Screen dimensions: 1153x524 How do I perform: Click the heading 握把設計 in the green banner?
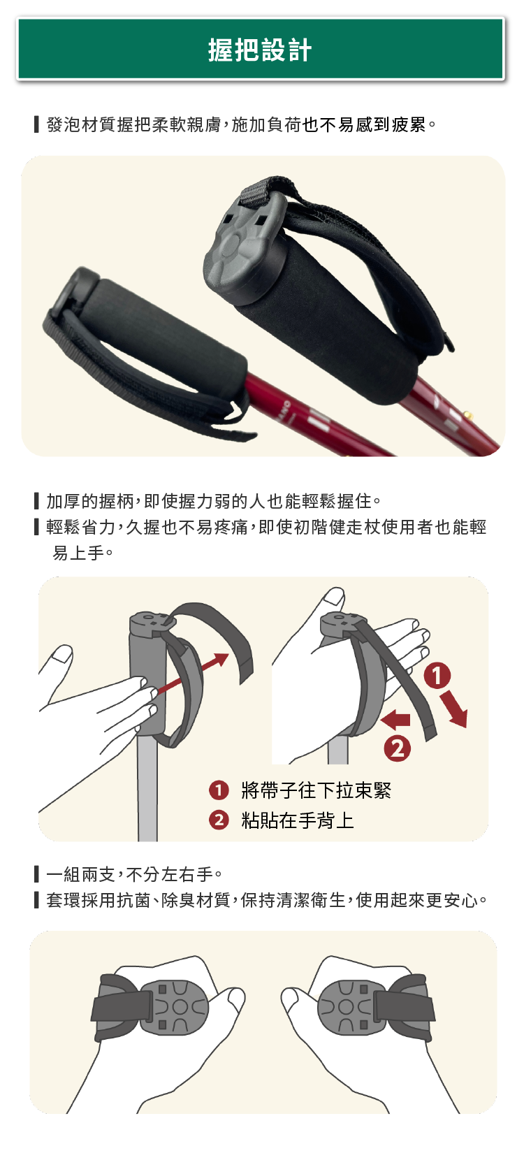260,50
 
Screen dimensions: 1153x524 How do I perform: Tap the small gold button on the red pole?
470,415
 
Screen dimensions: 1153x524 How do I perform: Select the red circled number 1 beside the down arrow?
437,676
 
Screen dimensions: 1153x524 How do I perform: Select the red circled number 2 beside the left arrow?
398,748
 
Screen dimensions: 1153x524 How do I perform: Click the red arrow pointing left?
397,719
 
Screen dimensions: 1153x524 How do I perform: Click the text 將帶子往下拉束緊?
316,790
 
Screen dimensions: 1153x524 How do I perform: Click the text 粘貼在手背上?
298,820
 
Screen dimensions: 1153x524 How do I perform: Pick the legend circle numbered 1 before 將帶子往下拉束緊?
219,790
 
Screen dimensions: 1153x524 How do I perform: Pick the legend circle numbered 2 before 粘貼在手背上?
219,820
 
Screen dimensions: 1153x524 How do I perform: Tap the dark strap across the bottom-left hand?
122,1006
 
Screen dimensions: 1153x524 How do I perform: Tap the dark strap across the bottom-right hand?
404,1006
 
